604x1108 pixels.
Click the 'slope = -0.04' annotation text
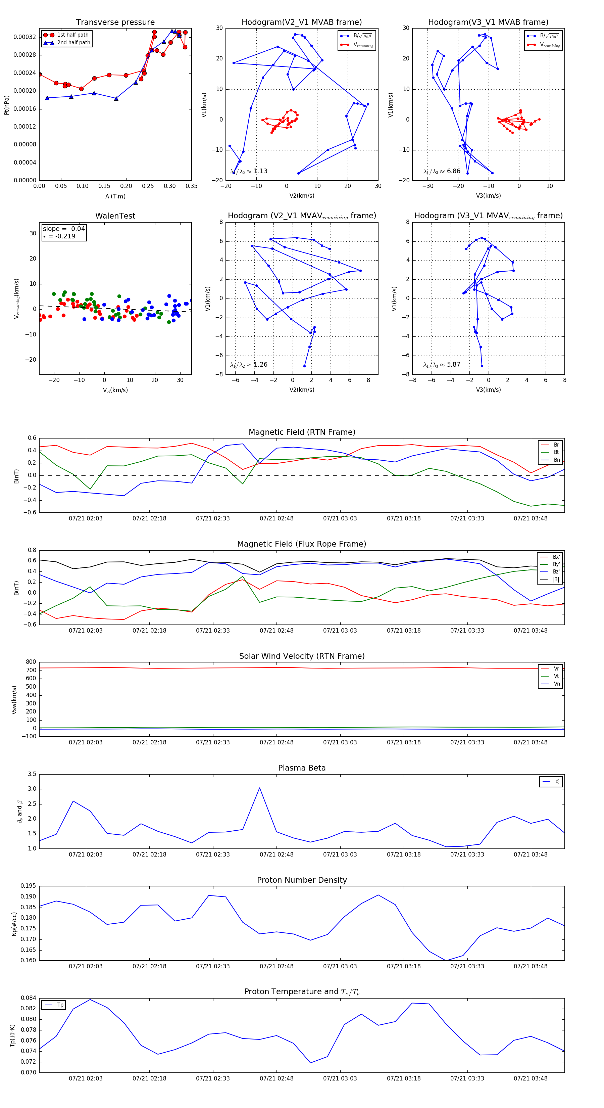[64, 229]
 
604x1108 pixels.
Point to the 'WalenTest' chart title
[115, 216]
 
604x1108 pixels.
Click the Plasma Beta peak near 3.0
[259, 788]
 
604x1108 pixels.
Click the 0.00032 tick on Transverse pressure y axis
[24, 37]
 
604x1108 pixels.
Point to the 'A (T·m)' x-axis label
[115, 196]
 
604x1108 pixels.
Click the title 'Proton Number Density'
[302, 880]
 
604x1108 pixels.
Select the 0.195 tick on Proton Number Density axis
[28, 886]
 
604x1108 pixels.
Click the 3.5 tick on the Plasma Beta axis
[32, 774]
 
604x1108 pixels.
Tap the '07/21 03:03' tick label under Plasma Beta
[340, 854]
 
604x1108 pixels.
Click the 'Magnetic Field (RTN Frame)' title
[302, 432]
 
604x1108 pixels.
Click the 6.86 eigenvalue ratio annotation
[453, 171]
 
